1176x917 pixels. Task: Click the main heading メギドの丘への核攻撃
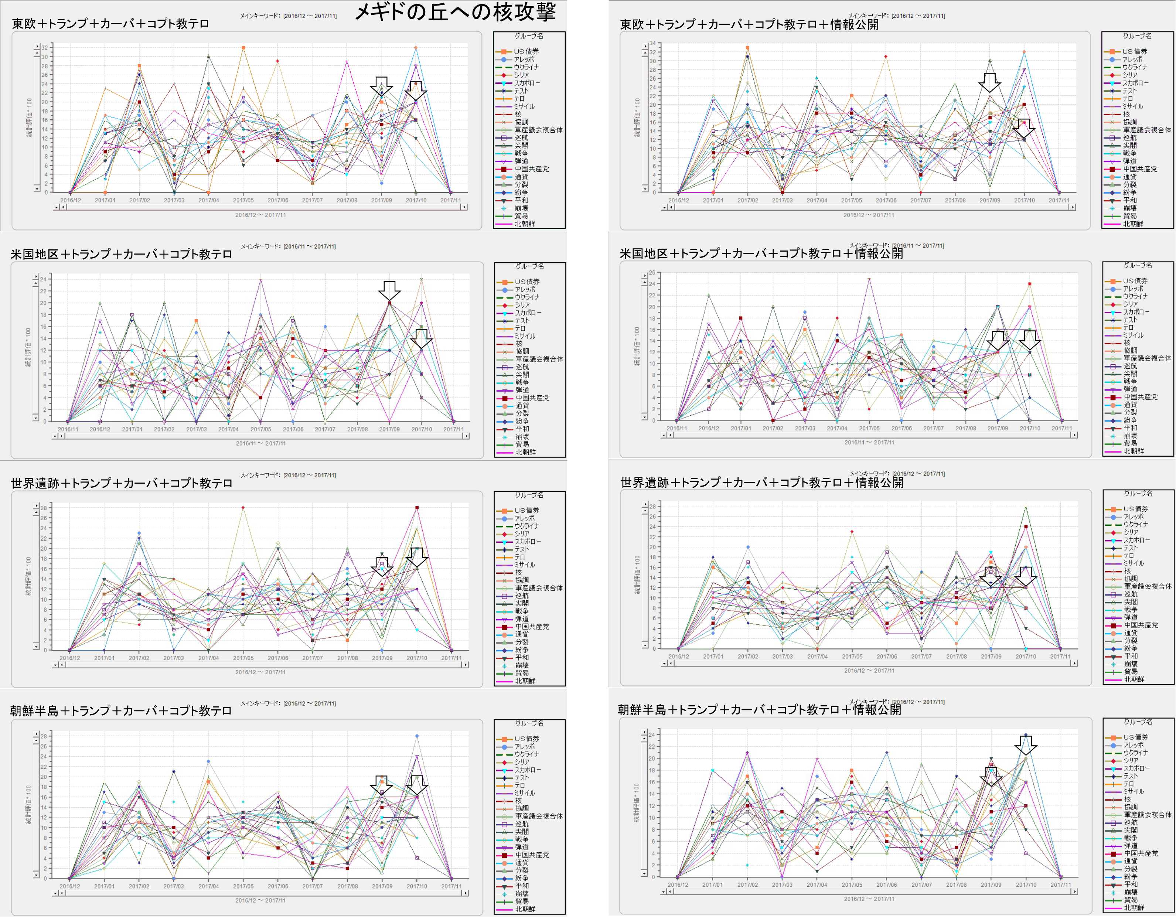pos(455,12)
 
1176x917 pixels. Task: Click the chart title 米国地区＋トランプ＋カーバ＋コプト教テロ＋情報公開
pos(761,253)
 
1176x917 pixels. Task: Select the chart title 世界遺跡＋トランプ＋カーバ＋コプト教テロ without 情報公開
pos(121,483)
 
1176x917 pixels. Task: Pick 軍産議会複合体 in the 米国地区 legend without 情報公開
pos(538,359)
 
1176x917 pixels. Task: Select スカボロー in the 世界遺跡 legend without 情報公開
pos(526,541)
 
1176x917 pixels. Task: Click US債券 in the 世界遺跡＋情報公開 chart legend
pos(1135,509)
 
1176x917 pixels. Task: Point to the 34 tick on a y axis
pos(652,43)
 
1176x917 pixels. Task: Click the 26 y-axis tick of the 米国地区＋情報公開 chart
pos(651,273)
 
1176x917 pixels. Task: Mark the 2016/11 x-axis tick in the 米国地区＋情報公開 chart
pos(677,429)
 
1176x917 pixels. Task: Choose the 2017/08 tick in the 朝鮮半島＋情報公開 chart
pos(956,885)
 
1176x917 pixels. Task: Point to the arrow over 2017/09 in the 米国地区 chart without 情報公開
pos(389,290)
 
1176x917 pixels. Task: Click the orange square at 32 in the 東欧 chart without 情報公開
pos(243,48)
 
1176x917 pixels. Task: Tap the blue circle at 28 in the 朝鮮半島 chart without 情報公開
pos(417,736)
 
